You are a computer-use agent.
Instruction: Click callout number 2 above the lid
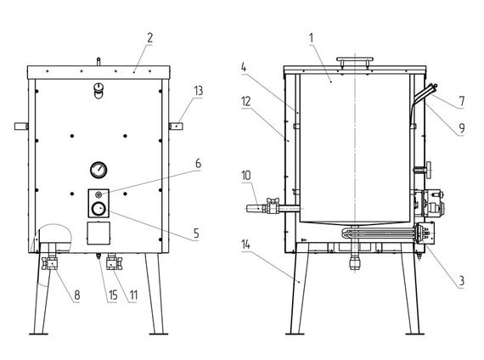coord(149,38)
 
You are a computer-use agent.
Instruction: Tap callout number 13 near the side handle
coord(199,91)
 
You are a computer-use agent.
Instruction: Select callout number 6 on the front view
coord(198,163)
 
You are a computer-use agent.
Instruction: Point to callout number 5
coord(197,233)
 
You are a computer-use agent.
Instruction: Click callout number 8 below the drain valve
coord(77,295)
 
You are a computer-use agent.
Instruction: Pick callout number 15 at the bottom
coord(113,295)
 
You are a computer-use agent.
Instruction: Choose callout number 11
coord(133,295)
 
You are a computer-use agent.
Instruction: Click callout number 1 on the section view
coord(312,38)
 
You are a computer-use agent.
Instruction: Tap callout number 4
coord(244,67)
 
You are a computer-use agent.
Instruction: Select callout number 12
coord(246,102)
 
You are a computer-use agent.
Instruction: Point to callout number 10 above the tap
coord(246,176)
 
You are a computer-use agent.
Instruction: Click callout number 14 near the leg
coord(245,245)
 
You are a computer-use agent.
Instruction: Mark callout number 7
coord(462,101)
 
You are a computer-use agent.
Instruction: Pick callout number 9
coord(462,127)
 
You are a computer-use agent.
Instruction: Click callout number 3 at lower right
coord(462,281)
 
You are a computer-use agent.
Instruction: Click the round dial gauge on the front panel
coord(98,170)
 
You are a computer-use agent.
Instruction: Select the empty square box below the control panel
coord(98,233)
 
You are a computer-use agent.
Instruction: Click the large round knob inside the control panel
coord(98,209)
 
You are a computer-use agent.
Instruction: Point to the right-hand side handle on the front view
coord(176,126)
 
